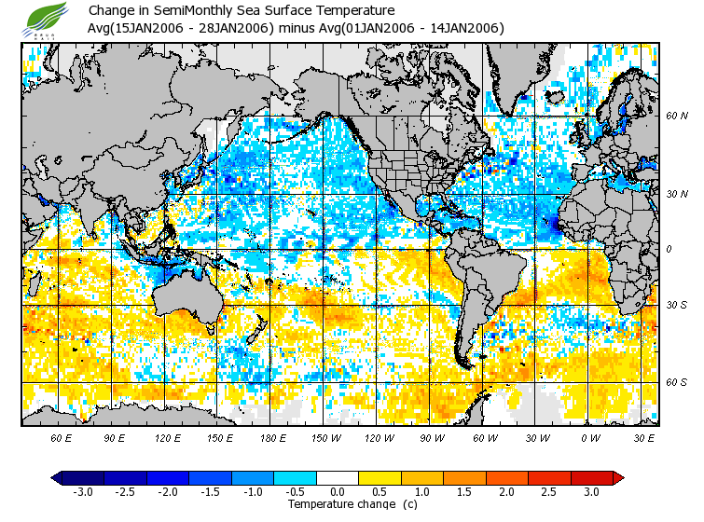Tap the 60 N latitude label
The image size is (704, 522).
[x=676, y=116]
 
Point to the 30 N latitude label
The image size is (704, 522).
[x=676, y=194]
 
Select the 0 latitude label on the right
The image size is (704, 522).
[x=669, y=249]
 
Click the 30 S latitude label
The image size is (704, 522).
[x=676, y=305]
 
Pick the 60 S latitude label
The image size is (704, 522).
[x=676, y=382]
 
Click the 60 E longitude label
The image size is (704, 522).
[x=62, y=437]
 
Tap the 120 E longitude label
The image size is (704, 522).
[x=167, y=437]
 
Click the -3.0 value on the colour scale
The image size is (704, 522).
[x=82, y=491]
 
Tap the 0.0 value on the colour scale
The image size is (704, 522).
[x=338, y=491]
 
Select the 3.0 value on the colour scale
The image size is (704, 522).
[x=591, y=491]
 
